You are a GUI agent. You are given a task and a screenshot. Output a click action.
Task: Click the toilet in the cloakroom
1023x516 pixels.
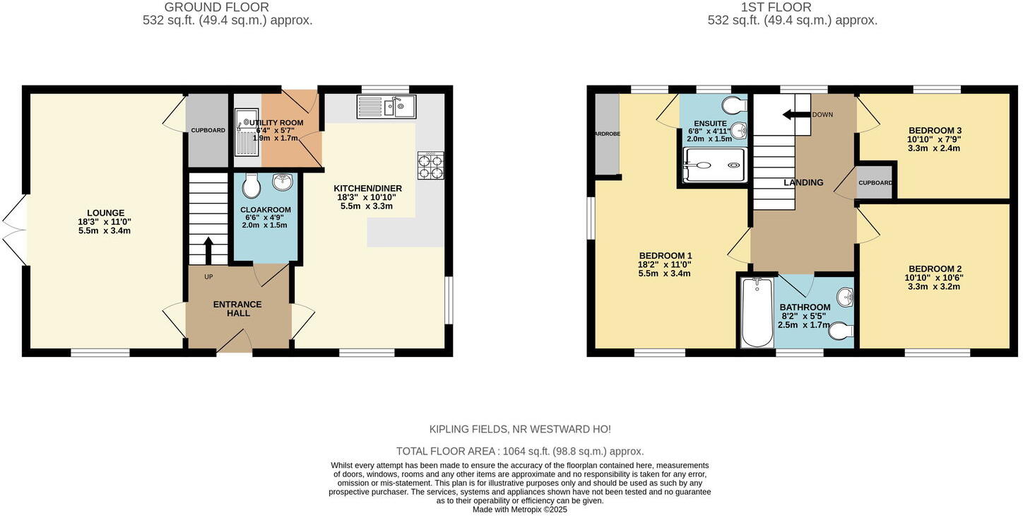(251, 187)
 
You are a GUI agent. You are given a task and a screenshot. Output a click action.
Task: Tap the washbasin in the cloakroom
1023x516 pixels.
(283, 182)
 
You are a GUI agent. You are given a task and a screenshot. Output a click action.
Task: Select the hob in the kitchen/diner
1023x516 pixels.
(430, 166)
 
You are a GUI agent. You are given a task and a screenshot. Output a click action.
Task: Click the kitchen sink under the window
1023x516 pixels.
(386, 107)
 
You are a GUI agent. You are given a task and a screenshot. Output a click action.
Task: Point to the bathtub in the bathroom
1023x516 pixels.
(757, 312)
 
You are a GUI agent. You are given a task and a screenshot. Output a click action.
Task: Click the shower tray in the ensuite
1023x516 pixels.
(715, 165)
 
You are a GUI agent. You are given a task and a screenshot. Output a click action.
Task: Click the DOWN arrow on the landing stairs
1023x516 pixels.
(796, 115)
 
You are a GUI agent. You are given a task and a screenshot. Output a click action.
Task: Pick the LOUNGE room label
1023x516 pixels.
(106, 213)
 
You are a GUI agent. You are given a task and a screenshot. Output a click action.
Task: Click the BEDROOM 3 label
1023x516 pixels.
(935, 131)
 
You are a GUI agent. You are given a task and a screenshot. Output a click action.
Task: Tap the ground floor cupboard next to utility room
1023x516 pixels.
(208, 130)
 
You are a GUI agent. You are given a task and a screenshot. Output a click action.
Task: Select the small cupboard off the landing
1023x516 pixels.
(875, 183)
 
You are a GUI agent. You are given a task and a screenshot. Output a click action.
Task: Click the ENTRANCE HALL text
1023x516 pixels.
(238, 309)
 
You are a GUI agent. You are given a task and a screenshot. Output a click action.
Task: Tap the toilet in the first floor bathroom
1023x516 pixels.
(841, 330)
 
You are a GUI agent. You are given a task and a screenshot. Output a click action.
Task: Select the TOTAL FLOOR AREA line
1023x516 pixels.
(519, 451)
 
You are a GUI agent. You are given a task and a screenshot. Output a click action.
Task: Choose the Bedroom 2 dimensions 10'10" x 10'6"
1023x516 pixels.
(935, 278)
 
